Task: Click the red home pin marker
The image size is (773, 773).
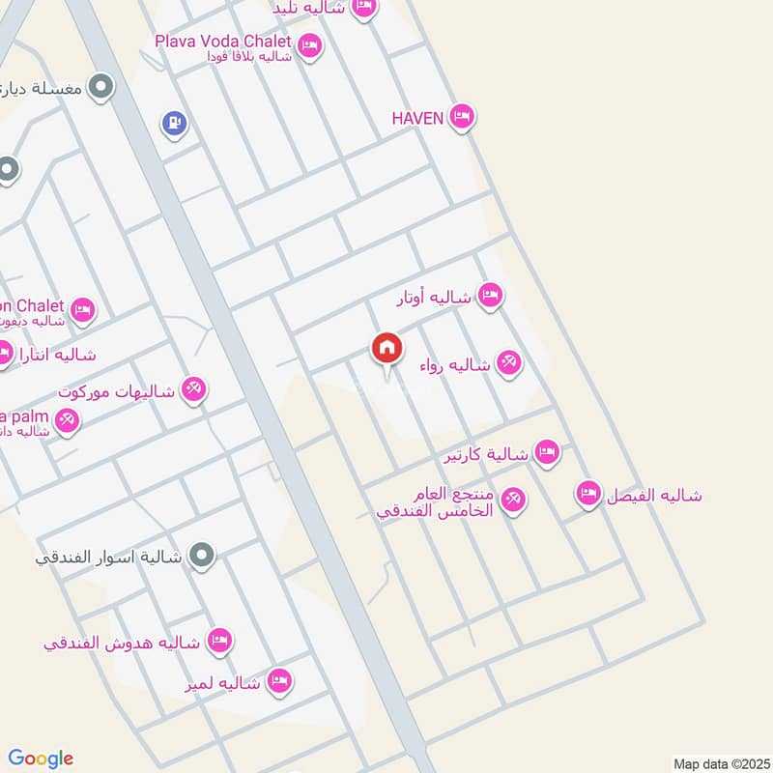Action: pos(386,349)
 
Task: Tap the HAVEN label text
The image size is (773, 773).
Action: pos(417,118)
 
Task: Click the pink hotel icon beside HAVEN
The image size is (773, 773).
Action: pos(462,118)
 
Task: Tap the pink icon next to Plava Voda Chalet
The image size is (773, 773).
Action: pos(309,44)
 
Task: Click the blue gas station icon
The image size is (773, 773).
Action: pos(174,123)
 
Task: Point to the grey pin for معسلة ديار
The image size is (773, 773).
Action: pos(99,89)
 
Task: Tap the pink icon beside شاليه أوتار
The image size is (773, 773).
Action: pos(490,296)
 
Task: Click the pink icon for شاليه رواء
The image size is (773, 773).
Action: pos(508,363)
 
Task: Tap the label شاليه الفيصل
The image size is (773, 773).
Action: pos(654,496)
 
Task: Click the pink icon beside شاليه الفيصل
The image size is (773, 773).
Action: pos(587,494)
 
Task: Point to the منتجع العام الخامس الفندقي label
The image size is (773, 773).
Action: pos(442,502)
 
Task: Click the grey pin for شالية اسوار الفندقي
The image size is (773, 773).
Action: pos(202,556)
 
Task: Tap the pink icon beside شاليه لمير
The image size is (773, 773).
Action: pos(280,682)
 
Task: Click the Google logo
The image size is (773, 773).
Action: pos(41,758)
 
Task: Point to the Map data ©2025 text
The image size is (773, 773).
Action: pos(720,762)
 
